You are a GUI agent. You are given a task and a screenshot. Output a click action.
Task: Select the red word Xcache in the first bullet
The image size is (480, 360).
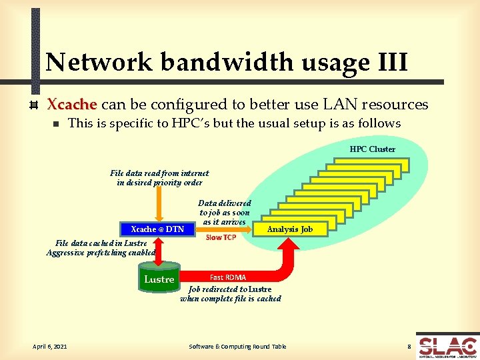[72, 105]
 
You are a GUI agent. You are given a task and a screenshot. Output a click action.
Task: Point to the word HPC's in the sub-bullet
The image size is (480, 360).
[193, 123]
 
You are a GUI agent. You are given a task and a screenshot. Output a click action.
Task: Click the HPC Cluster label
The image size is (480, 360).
[372, 149]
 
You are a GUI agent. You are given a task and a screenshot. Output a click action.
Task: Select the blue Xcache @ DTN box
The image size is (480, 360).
[157, 229]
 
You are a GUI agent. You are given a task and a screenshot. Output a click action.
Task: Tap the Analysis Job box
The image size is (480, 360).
[289, 229]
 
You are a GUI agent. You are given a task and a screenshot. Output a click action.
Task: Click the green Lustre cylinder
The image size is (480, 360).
[159, 279]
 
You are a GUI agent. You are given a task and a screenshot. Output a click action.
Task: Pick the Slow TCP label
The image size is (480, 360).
[221, 237]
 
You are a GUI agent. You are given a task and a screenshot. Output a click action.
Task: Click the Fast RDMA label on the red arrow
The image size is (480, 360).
[228, 277]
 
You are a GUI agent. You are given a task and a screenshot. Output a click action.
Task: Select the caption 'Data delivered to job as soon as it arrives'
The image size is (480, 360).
[225, 212]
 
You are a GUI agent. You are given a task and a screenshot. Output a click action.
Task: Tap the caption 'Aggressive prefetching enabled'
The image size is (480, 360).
[101, 253]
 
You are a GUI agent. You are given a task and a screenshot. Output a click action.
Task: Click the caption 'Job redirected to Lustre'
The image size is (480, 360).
[230, 289]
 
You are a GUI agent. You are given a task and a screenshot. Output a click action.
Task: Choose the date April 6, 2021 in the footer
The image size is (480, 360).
[49, 346]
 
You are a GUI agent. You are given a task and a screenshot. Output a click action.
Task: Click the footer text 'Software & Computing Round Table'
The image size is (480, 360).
[237, 346]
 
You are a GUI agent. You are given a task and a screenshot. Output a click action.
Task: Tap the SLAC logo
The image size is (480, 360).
[447, 347]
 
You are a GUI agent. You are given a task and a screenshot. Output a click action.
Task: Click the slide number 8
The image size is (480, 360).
[409, 346]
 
